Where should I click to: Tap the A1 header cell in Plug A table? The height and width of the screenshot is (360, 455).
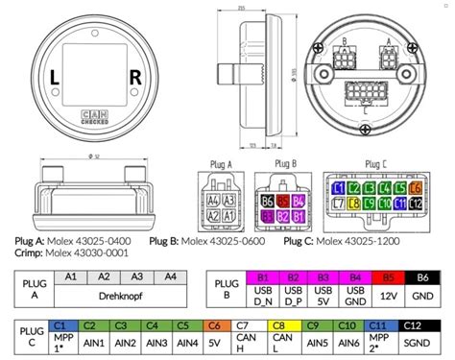70,276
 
